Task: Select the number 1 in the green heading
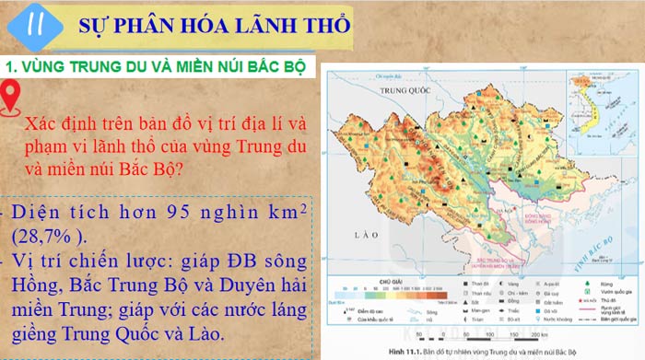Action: (x=9, y=67)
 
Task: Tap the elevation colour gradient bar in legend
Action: (x=395, y=291)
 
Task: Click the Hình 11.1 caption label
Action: (x=416, y=354)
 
